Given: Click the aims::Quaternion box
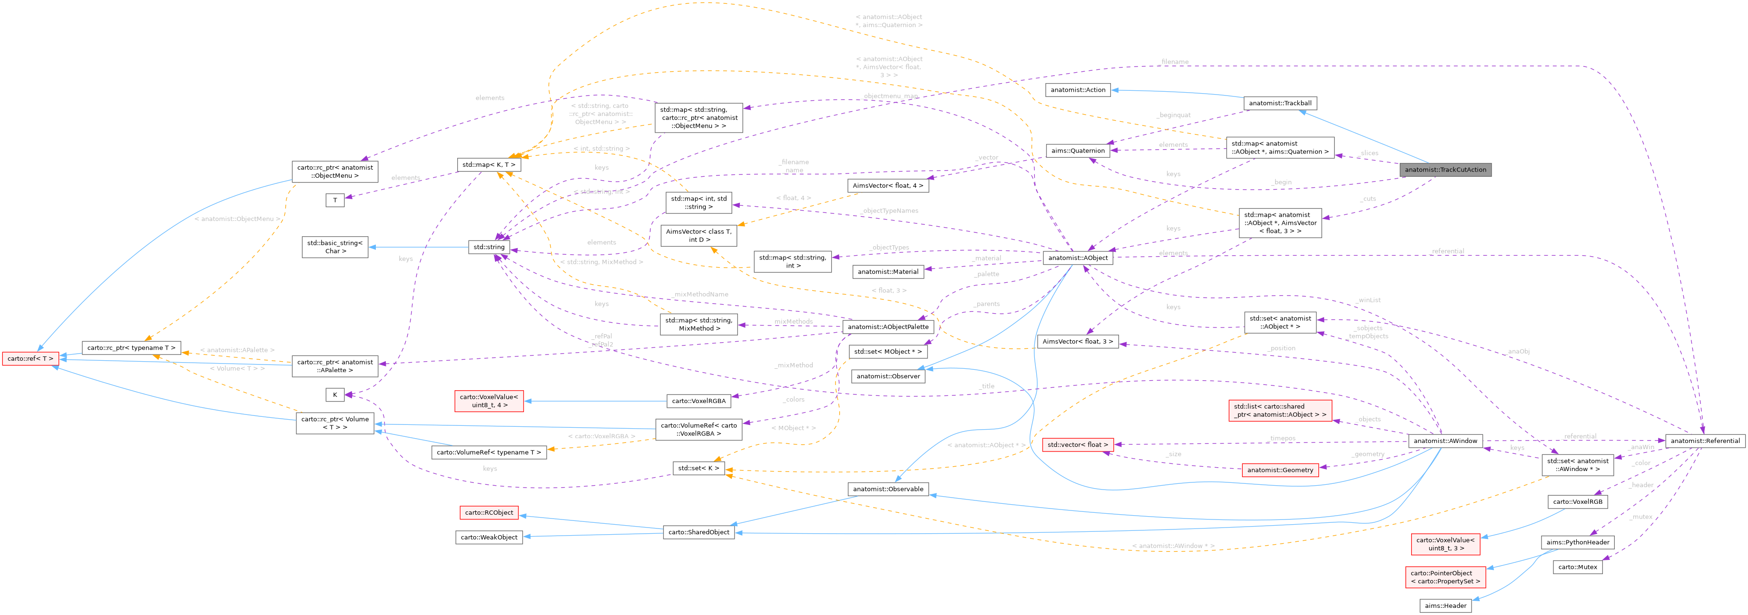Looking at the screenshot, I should coord(1078,151).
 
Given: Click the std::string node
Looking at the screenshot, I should coord(489,247).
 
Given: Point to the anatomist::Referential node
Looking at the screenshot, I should coord(1705,441).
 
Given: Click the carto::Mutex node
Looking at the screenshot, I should coord(1577,567).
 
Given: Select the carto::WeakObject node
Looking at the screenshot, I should coord(489,537).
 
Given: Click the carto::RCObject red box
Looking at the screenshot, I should coord(489,513).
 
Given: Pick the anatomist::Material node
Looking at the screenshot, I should coord(888,271).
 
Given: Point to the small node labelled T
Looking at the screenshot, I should coord(334,200).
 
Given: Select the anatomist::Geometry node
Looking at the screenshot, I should coord(1280,470).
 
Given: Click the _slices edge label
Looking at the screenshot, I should coord(1368,153).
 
